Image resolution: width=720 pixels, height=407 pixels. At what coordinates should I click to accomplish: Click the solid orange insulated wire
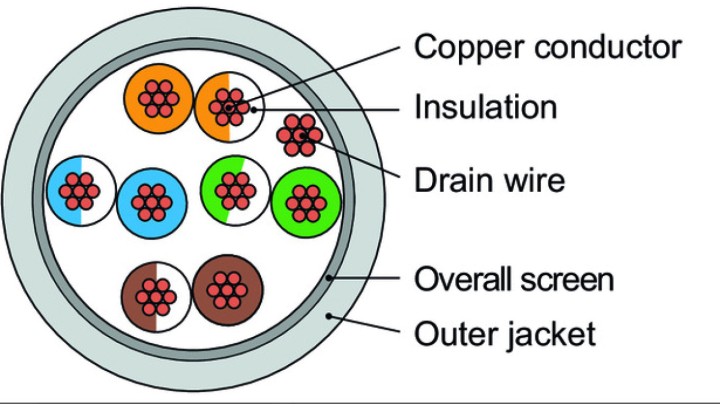click(158, 97)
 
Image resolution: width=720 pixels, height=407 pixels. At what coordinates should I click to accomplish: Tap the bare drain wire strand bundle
click(300, 134)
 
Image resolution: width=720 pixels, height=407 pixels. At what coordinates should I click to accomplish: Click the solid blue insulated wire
click(151, 203)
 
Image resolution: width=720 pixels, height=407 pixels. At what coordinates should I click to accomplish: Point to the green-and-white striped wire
click(235, 187)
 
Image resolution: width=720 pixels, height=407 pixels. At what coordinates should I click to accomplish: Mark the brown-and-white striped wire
click(154, 297)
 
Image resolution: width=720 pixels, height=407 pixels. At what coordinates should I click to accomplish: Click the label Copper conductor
click(548, 46)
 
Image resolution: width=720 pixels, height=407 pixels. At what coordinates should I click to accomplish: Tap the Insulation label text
click(485, 106)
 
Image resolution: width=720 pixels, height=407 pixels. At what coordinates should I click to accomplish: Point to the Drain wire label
click(489, 180)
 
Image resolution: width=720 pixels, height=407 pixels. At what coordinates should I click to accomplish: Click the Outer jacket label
click(505, 332)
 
